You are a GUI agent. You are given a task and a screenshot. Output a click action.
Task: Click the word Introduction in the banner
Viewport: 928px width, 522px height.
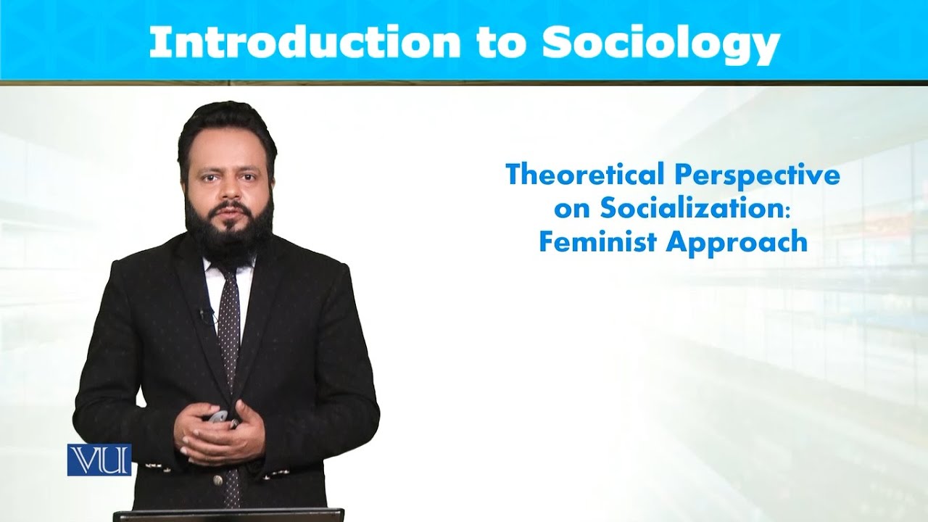304,43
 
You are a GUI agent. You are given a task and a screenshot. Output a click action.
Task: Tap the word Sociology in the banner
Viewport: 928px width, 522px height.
660,44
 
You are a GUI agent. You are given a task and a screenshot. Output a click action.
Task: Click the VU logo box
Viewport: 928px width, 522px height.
99,460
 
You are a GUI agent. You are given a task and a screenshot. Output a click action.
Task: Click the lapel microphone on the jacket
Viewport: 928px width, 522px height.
204,315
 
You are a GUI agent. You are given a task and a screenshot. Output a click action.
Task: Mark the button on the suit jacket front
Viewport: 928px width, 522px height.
217,480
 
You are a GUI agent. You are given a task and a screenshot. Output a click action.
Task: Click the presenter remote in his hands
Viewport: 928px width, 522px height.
217,418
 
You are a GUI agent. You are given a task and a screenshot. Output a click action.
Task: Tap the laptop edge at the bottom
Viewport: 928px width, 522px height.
228,515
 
